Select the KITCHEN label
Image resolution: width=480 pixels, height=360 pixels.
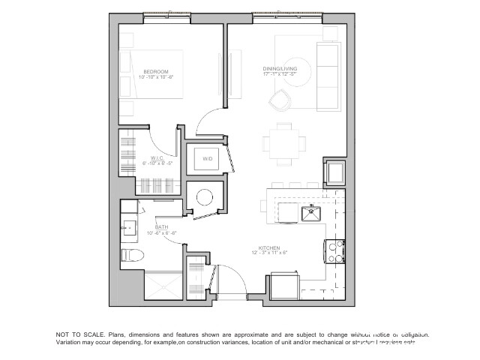coord(269,247)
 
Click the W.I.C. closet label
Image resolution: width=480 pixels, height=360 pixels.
coord(157,157)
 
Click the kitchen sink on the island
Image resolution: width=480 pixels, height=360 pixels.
coord(311,214)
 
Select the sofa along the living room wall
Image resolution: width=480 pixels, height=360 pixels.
coord(328,75)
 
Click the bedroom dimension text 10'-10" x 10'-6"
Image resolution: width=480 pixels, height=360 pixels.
coord(157,77)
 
